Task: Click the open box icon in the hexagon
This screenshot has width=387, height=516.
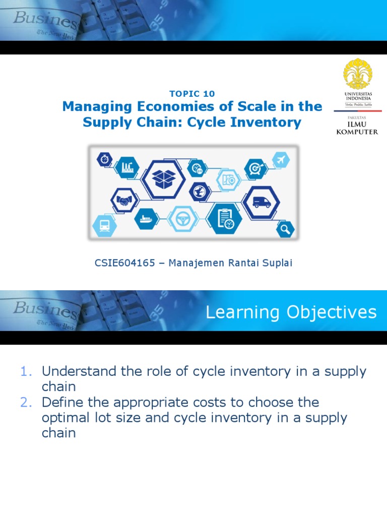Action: pyautogui.click(x=162, y=177)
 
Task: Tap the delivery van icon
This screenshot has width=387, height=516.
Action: pyautogui.click(x=261, y=203)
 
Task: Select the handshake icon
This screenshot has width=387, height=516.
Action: pyautogui.click(x=124, y=200)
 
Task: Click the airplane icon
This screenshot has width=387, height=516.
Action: pyautogui.click(x=280, y=160)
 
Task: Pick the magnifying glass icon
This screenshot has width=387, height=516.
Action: pyautogui.click(x=285, y=230)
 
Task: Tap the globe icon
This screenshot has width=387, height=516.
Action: pyautogui.click(x=199, y=191)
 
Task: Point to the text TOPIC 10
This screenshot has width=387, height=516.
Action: pyautogui.click(x=192, y=94)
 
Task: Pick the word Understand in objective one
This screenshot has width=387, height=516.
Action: pyautogui.click(x=74, y=371)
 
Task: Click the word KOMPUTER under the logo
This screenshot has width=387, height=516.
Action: pyautogui.click(x=357, y=133)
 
